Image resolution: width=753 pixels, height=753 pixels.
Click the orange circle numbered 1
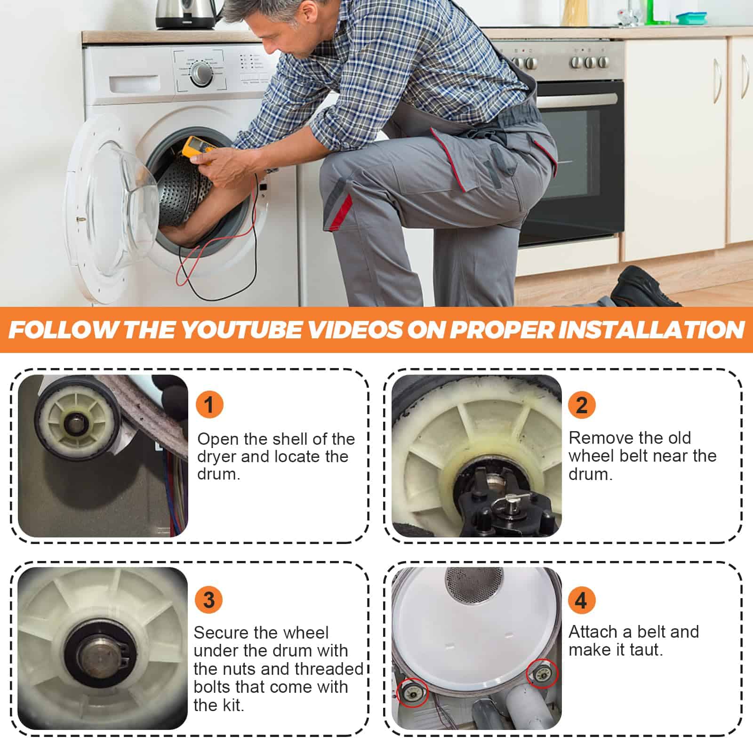coord(209,404)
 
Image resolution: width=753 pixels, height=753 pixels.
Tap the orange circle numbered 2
coord(582,404)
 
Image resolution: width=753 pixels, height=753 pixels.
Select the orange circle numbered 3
coord(209,600)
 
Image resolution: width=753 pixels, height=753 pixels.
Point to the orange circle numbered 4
coord(582,600)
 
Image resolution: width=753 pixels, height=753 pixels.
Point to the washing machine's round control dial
coord(202,73)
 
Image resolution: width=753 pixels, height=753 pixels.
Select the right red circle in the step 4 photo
coord(543,674)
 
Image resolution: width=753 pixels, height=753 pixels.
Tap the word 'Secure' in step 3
coord(221,633)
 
